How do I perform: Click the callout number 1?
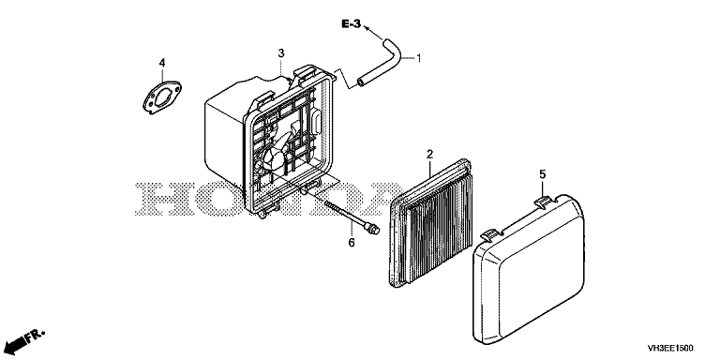[x=418, y=58]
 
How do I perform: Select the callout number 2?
[x=429, y=155]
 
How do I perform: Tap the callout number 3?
[x=281, y=53]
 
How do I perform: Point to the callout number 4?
[x=162, y=63]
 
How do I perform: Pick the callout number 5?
[x=542, y=174]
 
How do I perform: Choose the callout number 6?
[x=352, y=242]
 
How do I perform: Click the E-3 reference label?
[x=352, y=24]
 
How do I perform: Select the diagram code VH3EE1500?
[x=670, y=348]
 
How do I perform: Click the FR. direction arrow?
[x=26, y=338]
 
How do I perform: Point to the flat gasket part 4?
[x=161, y=97]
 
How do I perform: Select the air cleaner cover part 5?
[x=528, y=271]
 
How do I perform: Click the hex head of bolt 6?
[x=374, y=228]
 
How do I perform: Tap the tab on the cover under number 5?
[x=544, y=202]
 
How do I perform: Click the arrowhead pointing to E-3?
[x=367, y=28]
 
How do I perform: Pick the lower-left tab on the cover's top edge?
[x=491, y=235]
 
